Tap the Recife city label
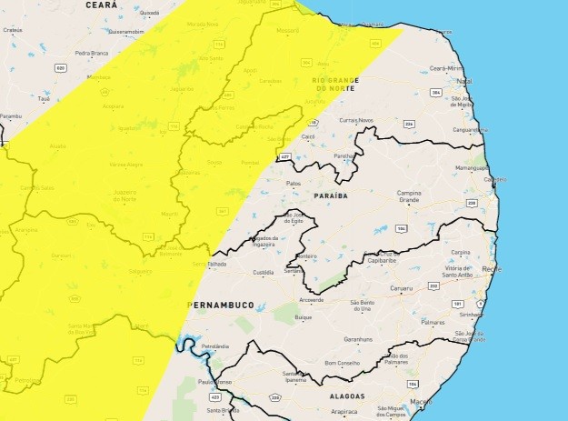coord(493,269)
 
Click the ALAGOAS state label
coord(343,396)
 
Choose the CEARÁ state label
coord(101,5)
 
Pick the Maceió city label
coord(421,401)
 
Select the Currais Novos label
coord(356,120)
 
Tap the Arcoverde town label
coord(312,299)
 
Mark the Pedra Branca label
coord(91,53)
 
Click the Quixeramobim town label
coord(126,30)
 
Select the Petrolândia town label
coord(215,346)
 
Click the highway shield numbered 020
coord(60,67)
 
